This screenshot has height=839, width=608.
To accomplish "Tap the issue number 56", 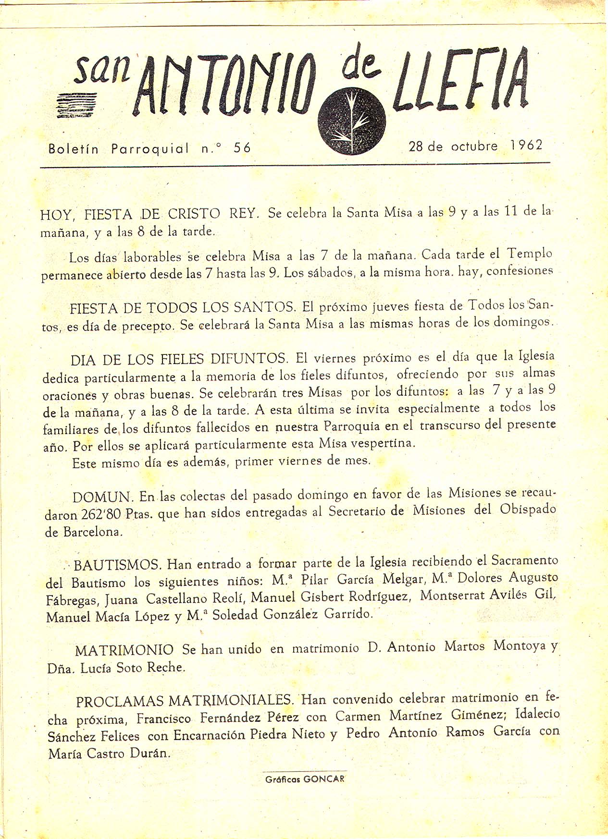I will click(x=242, y=148).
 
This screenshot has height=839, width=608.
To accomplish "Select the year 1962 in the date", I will click(x=527, y=145).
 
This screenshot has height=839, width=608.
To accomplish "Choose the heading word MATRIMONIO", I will click(x=124, y=650).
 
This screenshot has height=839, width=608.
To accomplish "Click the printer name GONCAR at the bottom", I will click(x=324, y=779).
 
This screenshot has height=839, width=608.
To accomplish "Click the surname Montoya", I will click(x=520, y=646).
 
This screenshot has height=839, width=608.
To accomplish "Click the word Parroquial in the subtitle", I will click(x=150, y=148).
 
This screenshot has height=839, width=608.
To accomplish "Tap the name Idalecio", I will click(x=537, y=714).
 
